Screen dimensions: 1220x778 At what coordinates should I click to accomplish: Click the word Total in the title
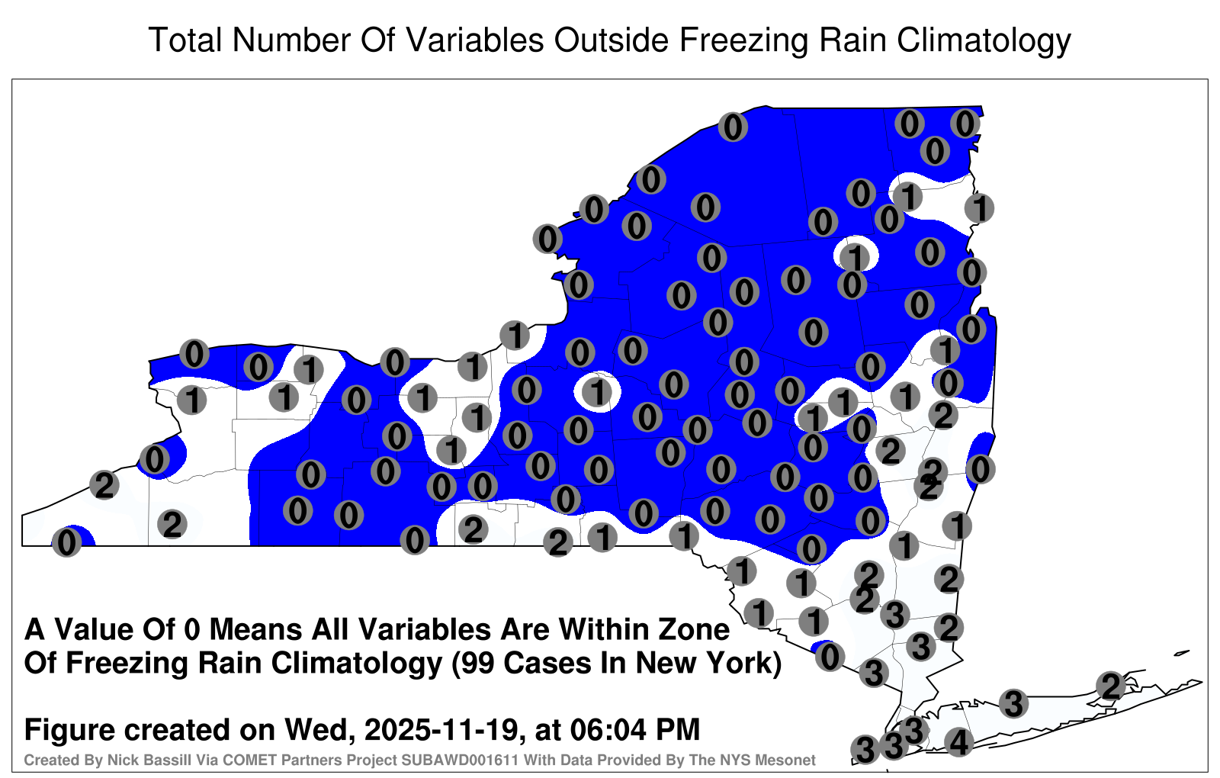pos(185,40)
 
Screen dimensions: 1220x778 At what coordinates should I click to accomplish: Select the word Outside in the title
pos(611,40)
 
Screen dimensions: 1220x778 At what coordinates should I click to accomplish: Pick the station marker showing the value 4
pos(958,742)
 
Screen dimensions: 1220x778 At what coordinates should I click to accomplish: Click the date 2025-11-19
pos(440,729)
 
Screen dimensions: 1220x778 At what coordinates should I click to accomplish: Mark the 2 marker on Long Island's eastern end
pos(1111,686)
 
